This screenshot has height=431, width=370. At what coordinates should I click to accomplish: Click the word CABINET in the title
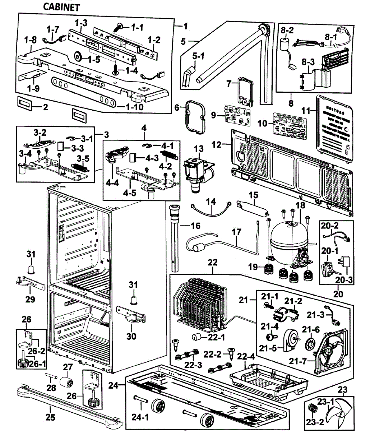pos(61,6)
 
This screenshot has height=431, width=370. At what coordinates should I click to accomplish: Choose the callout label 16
pos(195,226)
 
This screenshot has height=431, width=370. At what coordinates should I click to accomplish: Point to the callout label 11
pos(306,111)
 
